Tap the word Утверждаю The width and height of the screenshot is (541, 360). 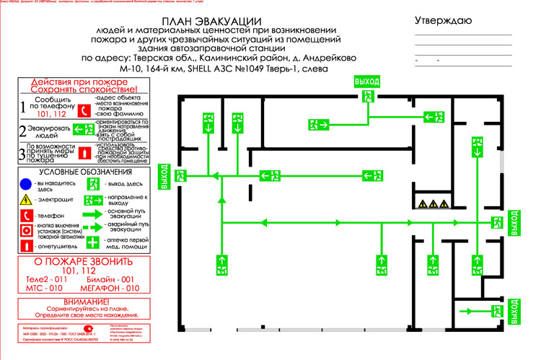(443, 20)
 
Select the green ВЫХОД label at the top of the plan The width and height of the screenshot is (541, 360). (366, 82)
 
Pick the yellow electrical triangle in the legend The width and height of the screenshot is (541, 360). (26, 198)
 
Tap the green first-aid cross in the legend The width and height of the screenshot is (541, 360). (92, 242)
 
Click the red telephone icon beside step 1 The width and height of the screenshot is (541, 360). (84, 110)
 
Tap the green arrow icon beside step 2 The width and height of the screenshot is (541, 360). (82, 130)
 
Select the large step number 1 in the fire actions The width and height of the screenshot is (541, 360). (22, 108)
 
